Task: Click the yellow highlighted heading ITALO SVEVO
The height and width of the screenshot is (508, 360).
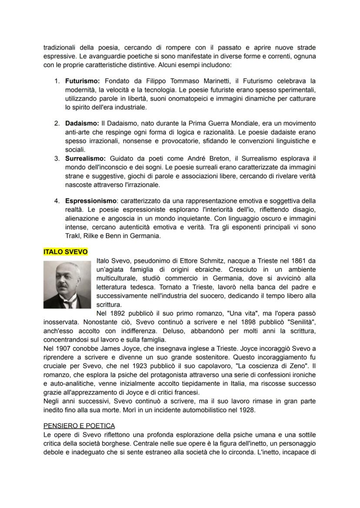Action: [x=66, y=252]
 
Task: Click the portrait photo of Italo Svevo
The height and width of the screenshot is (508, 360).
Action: [x=67, y=285]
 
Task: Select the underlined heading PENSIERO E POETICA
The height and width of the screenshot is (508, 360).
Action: [x=79, y=425]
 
